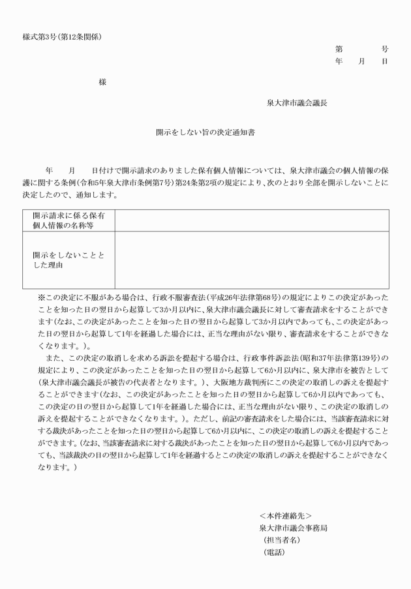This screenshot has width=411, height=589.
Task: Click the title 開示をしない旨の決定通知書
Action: [x=205, y=132]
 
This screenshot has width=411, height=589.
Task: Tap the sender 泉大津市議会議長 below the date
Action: [x=297, y=103]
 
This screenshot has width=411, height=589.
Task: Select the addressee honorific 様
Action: [x=102, y=82]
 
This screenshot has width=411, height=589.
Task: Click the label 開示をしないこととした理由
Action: [x=68, y=261]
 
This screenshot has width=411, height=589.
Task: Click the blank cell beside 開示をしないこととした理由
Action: [x=252, y=260]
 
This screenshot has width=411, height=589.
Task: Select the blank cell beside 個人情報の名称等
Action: [x=252, y=220]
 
